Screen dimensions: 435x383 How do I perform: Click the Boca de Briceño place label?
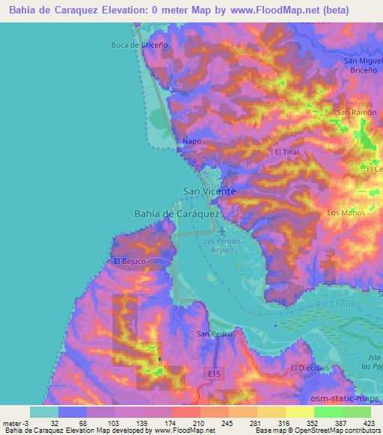coord(137,45)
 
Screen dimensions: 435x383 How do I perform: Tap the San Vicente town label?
coord(210,191)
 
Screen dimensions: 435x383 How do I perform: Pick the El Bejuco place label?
coord(129,262)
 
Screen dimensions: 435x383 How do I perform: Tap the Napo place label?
coord(191,140)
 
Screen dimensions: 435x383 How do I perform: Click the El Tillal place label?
coord(287,152)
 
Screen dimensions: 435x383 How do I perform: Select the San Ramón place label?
coord(355,112)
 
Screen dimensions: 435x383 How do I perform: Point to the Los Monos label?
coord(346,213)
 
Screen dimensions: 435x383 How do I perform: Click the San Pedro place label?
coord(211,333)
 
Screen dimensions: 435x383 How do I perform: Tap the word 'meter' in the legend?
coord(14,423)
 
